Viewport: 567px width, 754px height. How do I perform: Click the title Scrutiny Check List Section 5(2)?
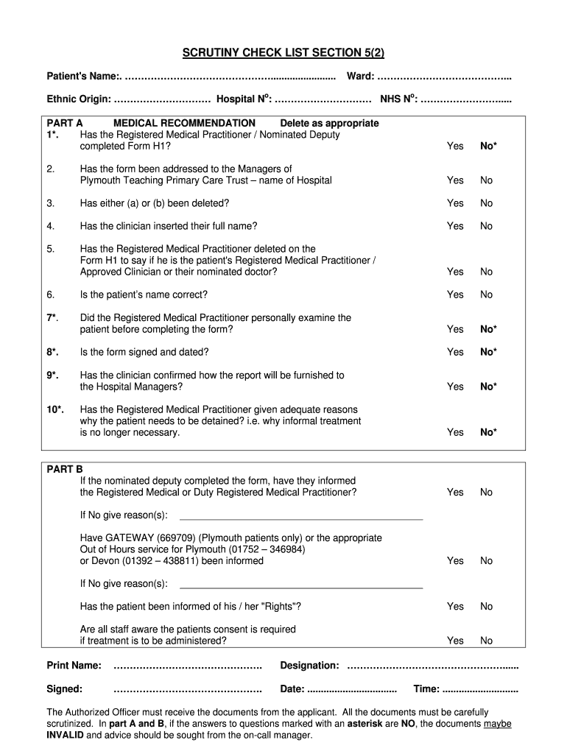pos(283,53)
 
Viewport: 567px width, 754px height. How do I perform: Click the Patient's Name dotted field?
pos(230,77)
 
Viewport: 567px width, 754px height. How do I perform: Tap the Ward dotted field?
pos(444,77)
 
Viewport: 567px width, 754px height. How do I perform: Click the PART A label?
pos(65,123)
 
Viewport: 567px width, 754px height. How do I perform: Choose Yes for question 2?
pos(455,180)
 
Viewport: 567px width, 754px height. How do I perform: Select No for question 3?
pos(486,203)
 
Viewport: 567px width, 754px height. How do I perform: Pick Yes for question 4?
pos(455,226)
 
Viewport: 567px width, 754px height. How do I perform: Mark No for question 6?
pos(486,295)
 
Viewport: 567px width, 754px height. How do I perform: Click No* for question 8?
pos(488,352)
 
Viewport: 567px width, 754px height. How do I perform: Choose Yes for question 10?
pos(455,432)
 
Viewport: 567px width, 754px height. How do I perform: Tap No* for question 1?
pos(488,146)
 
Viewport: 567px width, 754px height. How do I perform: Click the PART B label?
pos(65,469)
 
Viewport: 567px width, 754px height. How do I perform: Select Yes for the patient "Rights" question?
pos(455,607)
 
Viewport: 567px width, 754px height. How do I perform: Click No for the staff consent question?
pos(486,641)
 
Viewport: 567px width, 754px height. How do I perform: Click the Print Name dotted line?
pos(188,666)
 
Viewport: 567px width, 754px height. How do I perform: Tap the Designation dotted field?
pos(432,666)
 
